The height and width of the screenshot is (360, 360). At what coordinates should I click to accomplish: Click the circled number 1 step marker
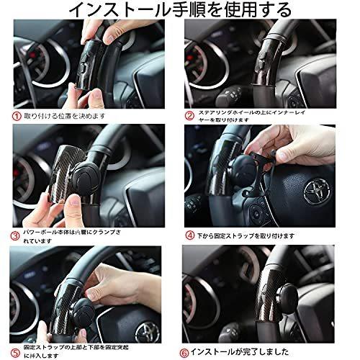tap(14, 114)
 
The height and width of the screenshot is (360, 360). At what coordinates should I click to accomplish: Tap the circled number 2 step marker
tap(189, 114)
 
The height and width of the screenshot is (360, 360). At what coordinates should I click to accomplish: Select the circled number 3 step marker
tap(14, 235)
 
